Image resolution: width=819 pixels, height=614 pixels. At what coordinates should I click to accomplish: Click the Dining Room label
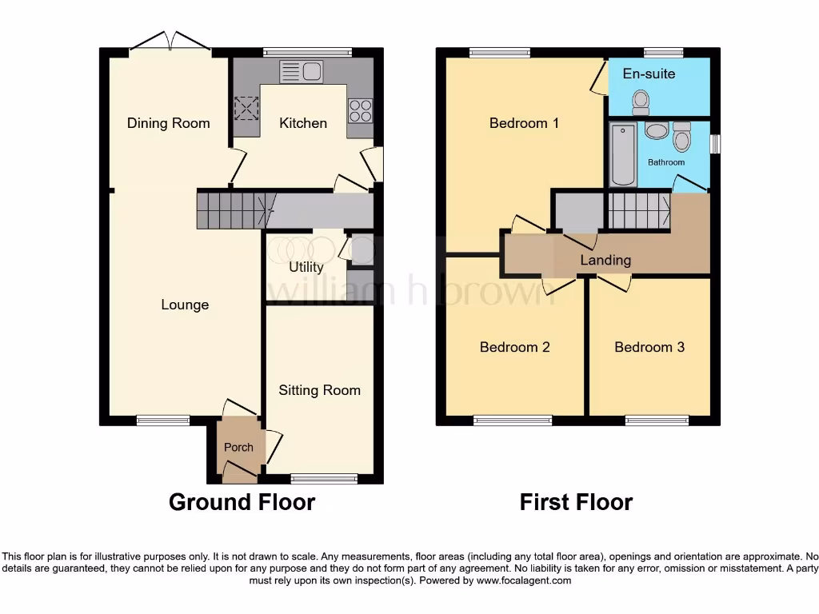click(168, 123)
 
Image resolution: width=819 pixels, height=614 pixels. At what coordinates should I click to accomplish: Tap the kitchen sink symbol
click(301, 72)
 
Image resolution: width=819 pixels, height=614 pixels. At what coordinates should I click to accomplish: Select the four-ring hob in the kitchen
click(359, 110)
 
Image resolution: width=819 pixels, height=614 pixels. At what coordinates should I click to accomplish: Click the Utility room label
click(306, 267)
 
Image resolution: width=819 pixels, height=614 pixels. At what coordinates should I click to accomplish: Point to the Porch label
click(238, 448)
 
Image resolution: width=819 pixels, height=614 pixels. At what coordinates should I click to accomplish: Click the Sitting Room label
click(319, 390)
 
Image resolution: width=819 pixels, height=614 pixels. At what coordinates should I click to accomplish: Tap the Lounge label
click(185, 305)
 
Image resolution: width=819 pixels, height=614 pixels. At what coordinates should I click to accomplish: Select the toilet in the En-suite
click(640, 101)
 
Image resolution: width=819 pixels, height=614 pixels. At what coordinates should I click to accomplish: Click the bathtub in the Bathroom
click(621, 155)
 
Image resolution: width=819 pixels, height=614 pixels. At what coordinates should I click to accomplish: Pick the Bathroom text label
click(666, 162)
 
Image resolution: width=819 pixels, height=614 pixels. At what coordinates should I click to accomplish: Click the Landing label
click(605, 260)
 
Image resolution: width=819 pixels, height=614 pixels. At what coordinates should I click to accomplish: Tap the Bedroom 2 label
click(514, 347)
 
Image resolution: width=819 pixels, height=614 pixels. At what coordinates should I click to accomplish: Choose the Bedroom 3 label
click(649, 347)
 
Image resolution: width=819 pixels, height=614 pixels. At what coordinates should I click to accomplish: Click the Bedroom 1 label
click(524, 123)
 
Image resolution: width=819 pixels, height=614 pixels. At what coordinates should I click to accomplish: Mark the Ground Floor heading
click(242, 502)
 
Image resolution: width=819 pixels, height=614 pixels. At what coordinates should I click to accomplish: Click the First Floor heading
click(576, 502)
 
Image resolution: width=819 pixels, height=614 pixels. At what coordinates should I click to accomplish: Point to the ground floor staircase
click(233, 210)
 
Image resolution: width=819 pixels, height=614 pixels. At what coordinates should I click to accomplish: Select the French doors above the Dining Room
click(170, 42)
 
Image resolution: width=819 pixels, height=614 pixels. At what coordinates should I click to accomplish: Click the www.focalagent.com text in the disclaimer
click(523, 581)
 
